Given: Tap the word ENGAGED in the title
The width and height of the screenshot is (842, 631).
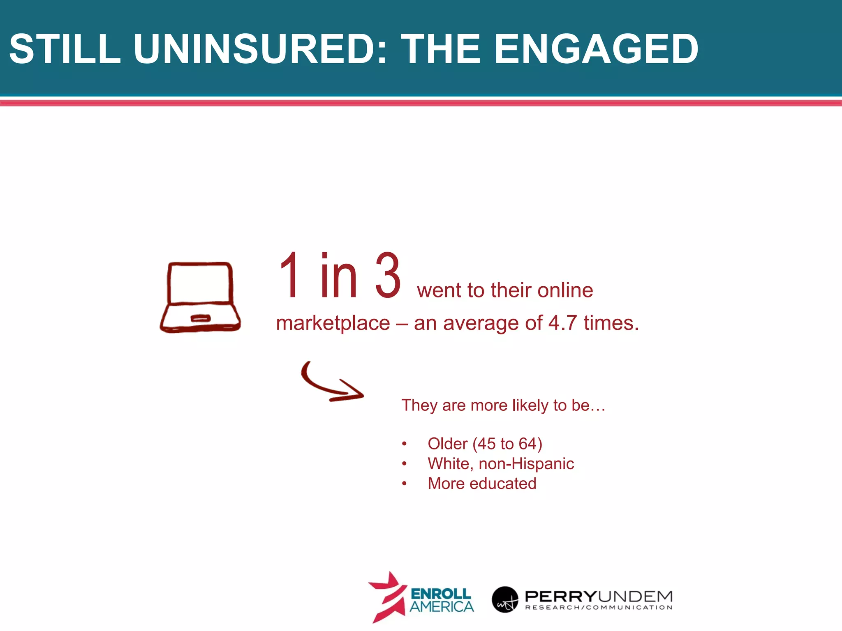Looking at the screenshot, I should tap(596, 49).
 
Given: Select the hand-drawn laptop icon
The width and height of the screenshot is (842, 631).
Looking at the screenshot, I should tap(200, 297).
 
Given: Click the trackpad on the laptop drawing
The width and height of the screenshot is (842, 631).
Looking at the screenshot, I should tap(201, 318).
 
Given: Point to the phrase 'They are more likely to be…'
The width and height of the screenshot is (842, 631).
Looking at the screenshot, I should tap(503, 405).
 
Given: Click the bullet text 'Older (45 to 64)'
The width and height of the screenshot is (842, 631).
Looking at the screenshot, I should tap(485, 444).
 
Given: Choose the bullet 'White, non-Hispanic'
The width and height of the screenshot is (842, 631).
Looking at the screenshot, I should tap(500, 464).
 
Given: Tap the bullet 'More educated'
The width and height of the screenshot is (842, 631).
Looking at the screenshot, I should tap(482, 484).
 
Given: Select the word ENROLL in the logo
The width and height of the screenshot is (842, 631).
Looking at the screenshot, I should tap(441, 594).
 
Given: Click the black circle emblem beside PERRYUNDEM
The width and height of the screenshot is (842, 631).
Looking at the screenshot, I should tap(504, 599).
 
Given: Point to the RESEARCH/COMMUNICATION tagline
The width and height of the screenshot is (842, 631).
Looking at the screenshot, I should tap(599, 608).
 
